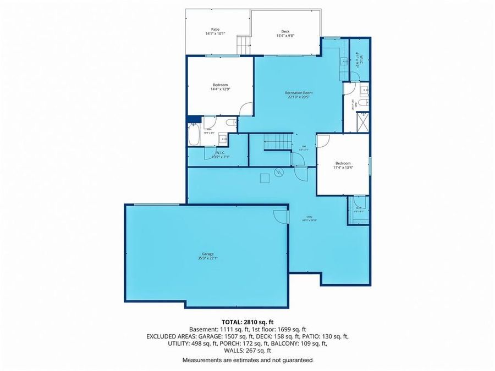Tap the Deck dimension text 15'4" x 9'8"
tap(285, 36)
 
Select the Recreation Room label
tap(299, 93)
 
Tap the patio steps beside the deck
tap(243, 45)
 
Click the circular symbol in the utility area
tap(279, 173)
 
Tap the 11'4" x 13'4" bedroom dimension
tap(343, 168)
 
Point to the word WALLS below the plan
tap(234, 351)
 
